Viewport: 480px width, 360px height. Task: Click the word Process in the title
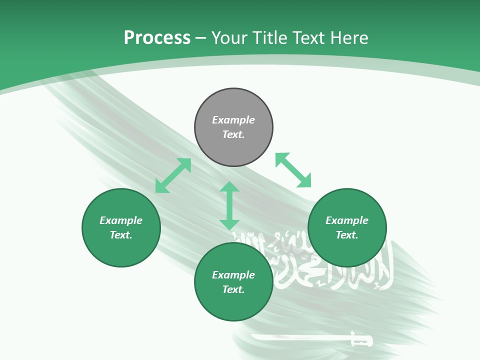(x=157, y=38)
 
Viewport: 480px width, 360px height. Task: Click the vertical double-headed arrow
(x=229, y=205)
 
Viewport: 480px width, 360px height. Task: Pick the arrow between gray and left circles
(x=173, y=175)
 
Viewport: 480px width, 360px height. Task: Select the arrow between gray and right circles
(x=293, y=170)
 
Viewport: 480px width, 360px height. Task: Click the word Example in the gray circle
(x=233, y=120)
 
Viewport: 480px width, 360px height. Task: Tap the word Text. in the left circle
(x=121, y=235)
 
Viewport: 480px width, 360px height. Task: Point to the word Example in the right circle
(x=347, y=220)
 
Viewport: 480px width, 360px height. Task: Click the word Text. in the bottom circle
(x=233, y=289)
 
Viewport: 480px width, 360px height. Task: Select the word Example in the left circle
(x=121, y=220)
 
